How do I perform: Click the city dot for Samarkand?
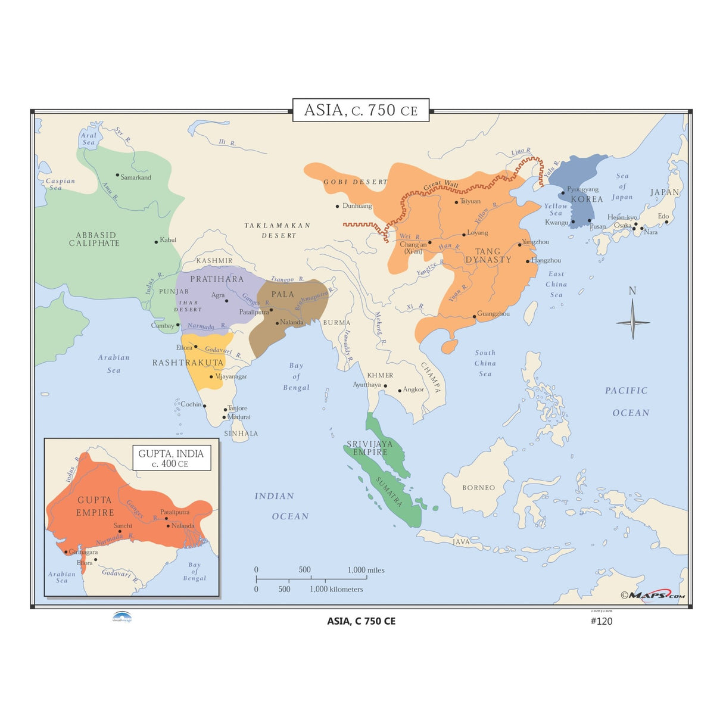[x=117, y=175]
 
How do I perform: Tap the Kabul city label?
[x=168, y=240]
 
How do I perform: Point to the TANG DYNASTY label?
[x=488, y=255]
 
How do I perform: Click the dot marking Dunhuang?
[x=338, y=207]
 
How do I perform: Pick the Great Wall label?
[x=441, y=186]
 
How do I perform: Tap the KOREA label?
[x=587, y=200]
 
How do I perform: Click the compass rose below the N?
[x=632, y=322]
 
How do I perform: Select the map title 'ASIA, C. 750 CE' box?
[x=361, y=110]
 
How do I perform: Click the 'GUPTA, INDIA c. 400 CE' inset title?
[x=171, y=458]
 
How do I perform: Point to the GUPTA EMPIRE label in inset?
[x=95, y=506]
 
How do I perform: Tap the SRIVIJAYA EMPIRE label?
[x=370, y=448]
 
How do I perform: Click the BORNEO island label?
[x=479, y=488]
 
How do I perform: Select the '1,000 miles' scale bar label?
[x=366, y=570]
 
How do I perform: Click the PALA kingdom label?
[x=283, y=294]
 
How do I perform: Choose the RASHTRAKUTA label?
[x=188, y=363]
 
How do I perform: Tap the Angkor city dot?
[x=400, y=391]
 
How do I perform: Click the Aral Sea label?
[x=89, y=139]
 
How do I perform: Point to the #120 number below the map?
[x=601, y=621]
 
